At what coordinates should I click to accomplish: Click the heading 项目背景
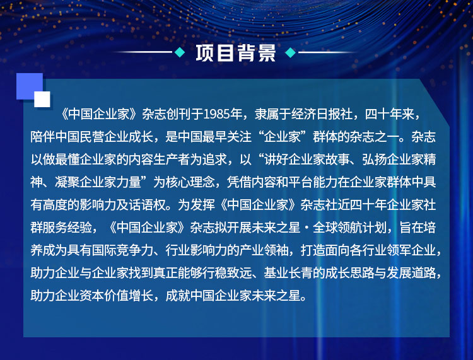(x=236, y=53)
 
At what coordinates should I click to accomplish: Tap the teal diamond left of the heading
(x=180, y=52)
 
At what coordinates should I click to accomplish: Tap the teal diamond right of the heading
(x=291, y=52)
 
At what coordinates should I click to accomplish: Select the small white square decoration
(x=42, y=99)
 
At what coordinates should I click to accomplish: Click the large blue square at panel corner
(x=30, y=86)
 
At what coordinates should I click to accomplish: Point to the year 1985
(x=216, y=114)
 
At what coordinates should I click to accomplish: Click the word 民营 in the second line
(x=92, y=137)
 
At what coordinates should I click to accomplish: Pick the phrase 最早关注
(x=226, y=137)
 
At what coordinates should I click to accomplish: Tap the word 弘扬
(x=375, y=160)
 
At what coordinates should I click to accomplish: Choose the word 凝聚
(x=67, y=182)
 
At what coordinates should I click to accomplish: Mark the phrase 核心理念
(x=190, y=182)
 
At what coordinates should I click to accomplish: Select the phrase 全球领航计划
(x=349, y=228)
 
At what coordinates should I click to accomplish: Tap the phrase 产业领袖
(x=264, y=250)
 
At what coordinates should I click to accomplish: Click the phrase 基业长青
(x=288, y=272)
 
